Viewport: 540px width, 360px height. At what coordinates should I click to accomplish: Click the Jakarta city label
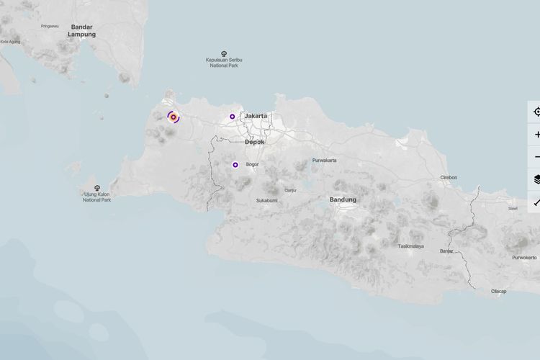click(x=256, y=116)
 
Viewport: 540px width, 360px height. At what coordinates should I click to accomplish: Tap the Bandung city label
click(x=343, y=199)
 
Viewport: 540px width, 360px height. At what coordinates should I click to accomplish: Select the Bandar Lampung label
click(x=81, y=30)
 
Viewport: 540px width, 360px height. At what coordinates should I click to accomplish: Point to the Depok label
click(x=255, y=142)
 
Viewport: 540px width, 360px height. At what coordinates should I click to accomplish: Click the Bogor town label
click(x=252, y=165)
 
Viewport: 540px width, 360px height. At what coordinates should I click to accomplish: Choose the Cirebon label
click(x=449, y=177)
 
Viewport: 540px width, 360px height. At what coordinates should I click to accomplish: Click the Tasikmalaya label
click(x=410, y=246)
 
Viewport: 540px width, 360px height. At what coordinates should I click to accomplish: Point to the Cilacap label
click(x=498, y=291)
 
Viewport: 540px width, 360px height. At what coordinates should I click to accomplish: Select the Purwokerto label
click(x=524, y=257)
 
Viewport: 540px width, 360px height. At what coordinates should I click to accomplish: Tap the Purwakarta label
click(x=324, y=160)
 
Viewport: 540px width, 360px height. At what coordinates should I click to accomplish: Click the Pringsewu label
click(x=50, y=26)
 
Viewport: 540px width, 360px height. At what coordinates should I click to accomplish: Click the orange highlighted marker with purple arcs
click(x=174, y=117)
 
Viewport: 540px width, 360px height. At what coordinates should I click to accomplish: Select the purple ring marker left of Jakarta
click(x=232, y=116)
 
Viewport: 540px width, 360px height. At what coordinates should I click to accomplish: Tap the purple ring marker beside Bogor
click(x=235, y=165)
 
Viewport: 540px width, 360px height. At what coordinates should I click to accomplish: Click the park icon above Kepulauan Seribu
click(x=223, y=54)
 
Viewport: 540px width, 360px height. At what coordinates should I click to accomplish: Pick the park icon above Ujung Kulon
click(x=97, y=188)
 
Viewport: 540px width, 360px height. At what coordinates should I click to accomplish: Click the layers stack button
click(x=536, y=179)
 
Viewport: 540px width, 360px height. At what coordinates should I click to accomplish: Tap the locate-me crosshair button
click(x=536, y=112)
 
